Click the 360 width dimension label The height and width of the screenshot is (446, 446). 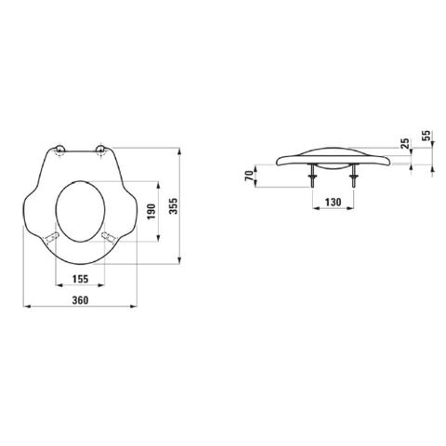point(80,300)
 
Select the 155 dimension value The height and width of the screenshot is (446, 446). point(80,279)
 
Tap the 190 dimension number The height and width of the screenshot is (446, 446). point(151,212)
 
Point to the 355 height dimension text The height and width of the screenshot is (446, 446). point(174,206)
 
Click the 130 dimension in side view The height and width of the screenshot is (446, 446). point(333,203)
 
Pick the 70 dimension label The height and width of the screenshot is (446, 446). point(249,177)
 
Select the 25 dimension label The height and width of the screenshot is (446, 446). point(404,144)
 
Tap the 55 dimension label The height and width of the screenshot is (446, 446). point(426,136)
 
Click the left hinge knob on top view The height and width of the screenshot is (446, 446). point(59,150)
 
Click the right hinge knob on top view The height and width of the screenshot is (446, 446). point(100,150)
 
